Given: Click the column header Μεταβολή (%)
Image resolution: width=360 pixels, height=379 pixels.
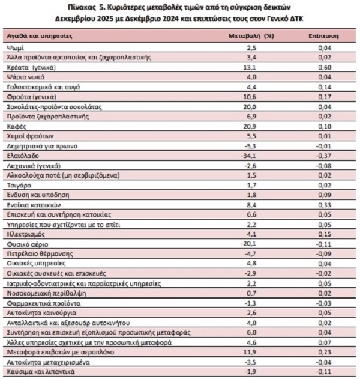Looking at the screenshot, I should pos(251,35).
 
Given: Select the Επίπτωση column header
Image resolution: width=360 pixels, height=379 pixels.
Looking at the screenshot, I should pos(325,35).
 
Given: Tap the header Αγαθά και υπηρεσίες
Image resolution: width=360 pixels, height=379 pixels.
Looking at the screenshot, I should pos(39,35).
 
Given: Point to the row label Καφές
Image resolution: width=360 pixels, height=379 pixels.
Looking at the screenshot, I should pos(15,126).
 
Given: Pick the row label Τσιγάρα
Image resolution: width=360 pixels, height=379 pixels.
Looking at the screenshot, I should pos(18,186).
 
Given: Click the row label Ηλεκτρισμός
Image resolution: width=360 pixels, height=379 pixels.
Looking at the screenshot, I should pos(25,234).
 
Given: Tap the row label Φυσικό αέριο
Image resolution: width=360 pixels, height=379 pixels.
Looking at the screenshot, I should pos(26,244).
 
